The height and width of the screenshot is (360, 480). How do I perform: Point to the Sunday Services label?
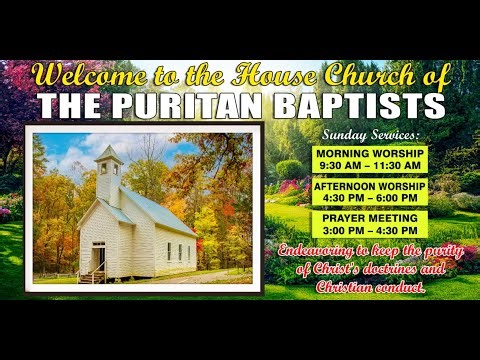(x=371, y=134)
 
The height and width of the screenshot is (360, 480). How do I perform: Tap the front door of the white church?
(x=99, y=258)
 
